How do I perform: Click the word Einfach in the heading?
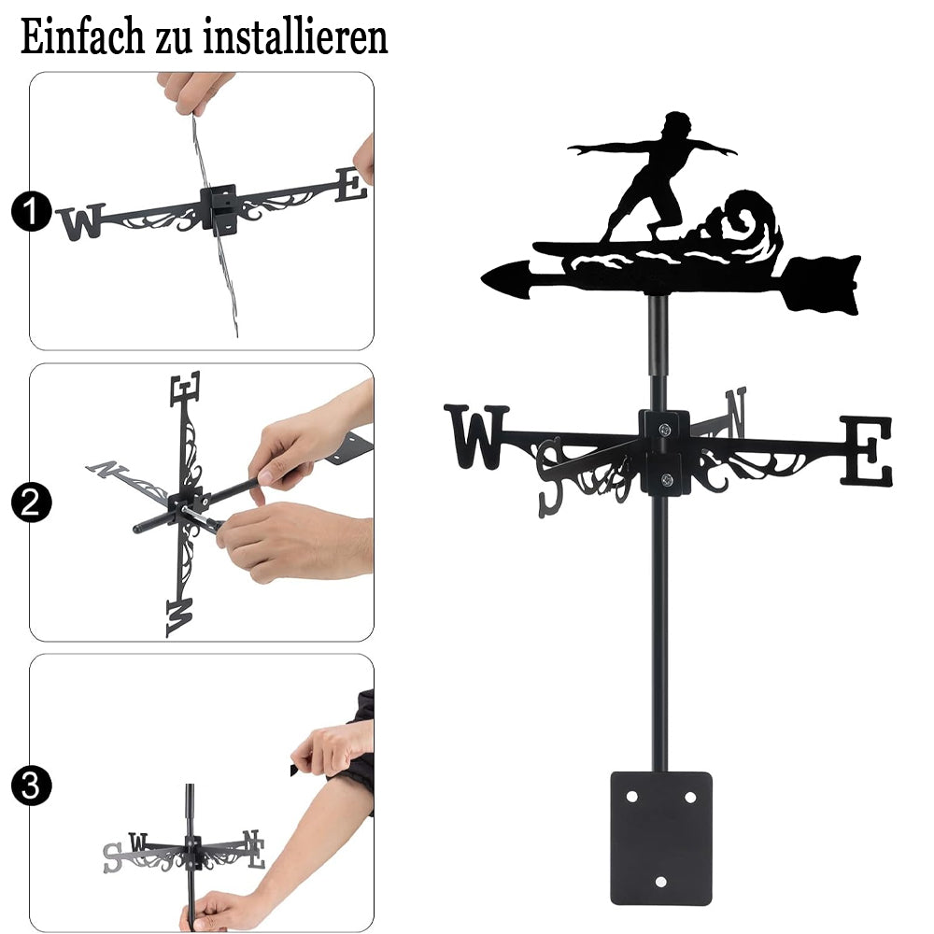[x=82, y=37]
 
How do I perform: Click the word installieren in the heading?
[x=295, y=37]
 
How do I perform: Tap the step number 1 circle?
[x=31, y=211]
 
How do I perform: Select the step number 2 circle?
[x=31, y=502]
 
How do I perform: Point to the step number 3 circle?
[x=31, y=785]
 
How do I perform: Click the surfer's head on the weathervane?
[x=678, y=126]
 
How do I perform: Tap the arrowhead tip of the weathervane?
[x=483, y=278]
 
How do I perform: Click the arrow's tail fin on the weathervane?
[x=822, y=285]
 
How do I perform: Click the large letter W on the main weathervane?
[x=476, y=436]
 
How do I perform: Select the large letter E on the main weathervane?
[x=867, y=450]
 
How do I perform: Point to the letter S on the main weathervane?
[x=551, y=476]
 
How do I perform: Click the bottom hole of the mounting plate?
[x=660, y=882]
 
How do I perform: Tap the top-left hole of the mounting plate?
[x=632, y=797]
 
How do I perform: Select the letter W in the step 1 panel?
[x=81, y=222]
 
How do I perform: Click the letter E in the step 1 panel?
[x=351, y=185]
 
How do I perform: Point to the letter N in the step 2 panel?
[x=107, y=470]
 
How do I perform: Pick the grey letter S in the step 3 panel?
[x=113, y=858]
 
